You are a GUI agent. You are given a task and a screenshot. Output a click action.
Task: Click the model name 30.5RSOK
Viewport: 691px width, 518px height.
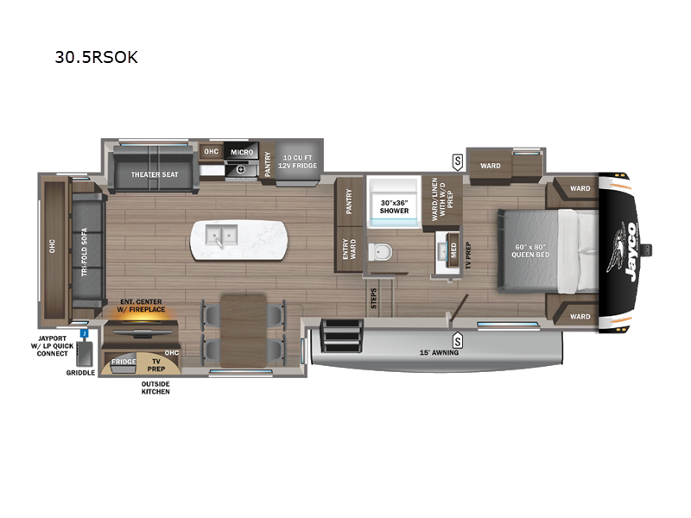point(96,57)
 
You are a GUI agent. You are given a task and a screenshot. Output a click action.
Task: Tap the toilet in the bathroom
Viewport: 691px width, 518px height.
point(380,252)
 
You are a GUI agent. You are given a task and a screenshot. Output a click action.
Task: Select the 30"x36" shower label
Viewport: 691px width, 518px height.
point(395,206)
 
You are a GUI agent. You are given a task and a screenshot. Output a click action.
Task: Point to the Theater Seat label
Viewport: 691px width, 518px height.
point(155,174)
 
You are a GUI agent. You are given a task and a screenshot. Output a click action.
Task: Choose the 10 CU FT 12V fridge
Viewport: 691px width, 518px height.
point(297,162)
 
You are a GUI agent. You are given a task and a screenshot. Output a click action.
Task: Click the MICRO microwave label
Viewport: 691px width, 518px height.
point(242,153)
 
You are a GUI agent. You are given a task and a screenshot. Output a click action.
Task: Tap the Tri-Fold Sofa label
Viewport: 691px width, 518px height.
point(84,252)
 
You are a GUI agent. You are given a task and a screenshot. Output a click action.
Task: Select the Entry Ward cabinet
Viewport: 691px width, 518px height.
point(349,250)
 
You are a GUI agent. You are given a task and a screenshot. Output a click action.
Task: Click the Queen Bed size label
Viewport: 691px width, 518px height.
point(530,250)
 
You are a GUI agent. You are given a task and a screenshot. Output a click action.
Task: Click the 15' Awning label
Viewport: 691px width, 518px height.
point(439,352)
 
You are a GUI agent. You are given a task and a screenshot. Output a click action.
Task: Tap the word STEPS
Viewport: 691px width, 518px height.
point(374,298)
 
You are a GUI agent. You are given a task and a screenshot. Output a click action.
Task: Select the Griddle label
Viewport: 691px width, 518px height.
point(80,373)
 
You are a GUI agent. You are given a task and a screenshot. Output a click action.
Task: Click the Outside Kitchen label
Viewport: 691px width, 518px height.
point(155,388)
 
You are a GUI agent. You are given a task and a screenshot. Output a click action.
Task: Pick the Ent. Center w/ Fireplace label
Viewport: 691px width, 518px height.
point(141,306)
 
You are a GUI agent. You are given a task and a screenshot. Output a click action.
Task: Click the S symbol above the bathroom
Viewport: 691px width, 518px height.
point(458,162)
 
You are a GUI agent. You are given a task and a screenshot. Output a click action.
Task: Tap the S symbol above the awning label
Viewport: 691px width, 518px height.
point(458,340)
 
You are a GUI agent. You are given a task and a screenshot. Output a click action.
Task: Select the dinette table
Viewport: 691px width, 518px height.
point(244,332)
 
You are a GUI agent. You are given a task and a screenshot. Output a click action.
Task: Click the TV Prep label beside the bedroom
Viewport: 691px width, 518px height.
point(468,255)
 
